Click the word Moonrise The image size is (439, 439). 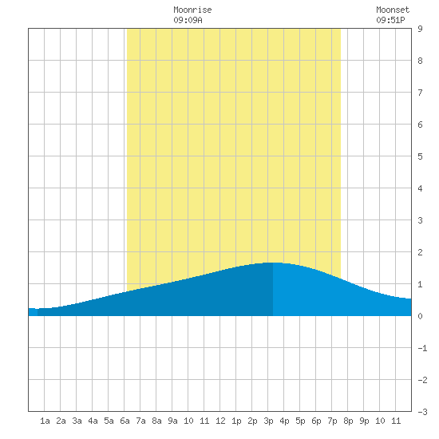192,10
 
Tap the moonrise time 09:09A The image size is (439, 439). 188,20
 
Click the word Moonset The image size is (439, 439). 393,10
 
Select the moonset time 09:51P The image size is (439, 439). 390,20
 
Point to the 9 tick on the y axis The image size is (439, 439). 420,29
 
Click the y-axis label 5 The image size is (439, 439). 420,156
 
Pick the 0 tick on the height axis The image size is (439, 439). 420,316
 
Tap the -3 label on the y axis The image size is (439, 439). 422,412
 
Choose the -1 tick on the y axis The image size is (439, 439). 422,348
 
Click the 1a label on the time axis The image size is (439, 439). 45,421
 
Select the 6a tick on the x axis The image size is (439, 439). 125,421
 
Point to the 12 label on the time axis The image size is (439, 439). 220,421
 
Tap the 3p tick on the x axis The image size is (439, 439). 268,421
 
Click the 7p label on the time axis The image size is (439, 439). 332,421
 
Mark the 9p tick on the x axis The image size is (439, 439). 364,421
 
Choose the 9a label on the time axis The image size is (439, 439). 172,421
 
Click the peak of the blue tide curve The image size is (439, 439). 273,263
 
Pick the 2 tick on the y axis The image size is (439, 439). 420,252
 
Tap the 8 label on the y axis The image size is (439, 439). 420,61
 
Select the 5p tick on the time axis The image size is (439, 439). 300,421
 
